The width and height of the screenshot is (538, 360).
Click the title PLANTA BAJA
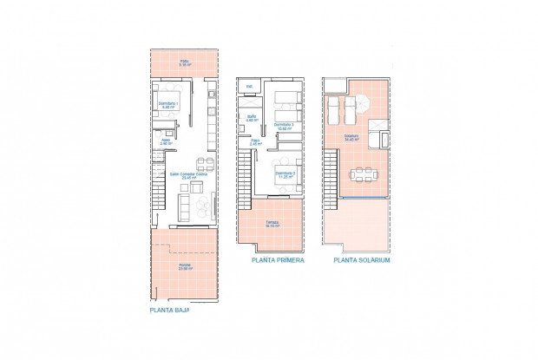(x=169, y=309)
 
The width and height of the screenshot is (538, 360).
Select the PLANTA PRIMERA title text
(x=278, y=259)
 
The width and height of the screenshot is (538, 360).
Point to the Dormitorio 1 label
(x=167, y=106)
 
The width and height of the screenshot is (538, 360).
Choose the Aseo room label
(x=165, y=141)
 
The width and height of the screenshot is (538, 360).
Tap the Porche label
(x=185, y=266)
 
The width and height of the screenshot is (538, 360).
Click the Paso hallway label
(x=255, y=142)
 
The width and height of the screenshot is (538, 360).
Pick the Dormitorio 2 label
(x=285, y=175)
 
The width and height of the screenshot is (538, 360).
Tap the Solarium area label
(x=351, y=138)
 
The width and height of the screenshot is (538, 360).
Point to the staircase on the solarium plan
(x=330, y=178)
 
